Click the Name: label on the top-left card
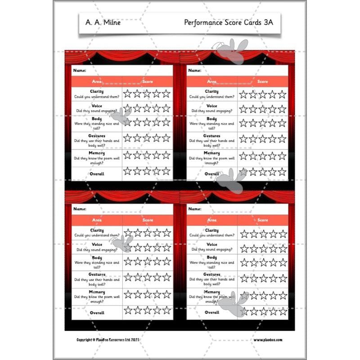click(79, 71)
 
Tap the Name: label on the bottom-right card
click(194, 209)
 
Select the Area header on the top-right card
click(211, 81)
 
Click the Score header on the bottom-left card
click(148, 220)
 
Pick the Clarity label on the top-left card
click(97, 91)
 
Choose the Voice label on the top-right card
click(211, 106)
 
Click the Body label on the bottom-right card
click(211, 257)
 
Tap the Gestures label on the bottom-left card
click(97, 274)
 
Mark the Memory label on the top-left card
click(97, 153)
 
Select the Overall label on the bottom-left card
click(97, 312)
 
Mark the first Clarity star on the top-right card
click(243, 94)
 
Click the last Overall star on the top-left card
click(166, 171)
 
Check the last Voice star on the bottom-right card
click(283, 248)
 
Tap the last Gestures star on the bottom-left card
click(166, 277)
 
